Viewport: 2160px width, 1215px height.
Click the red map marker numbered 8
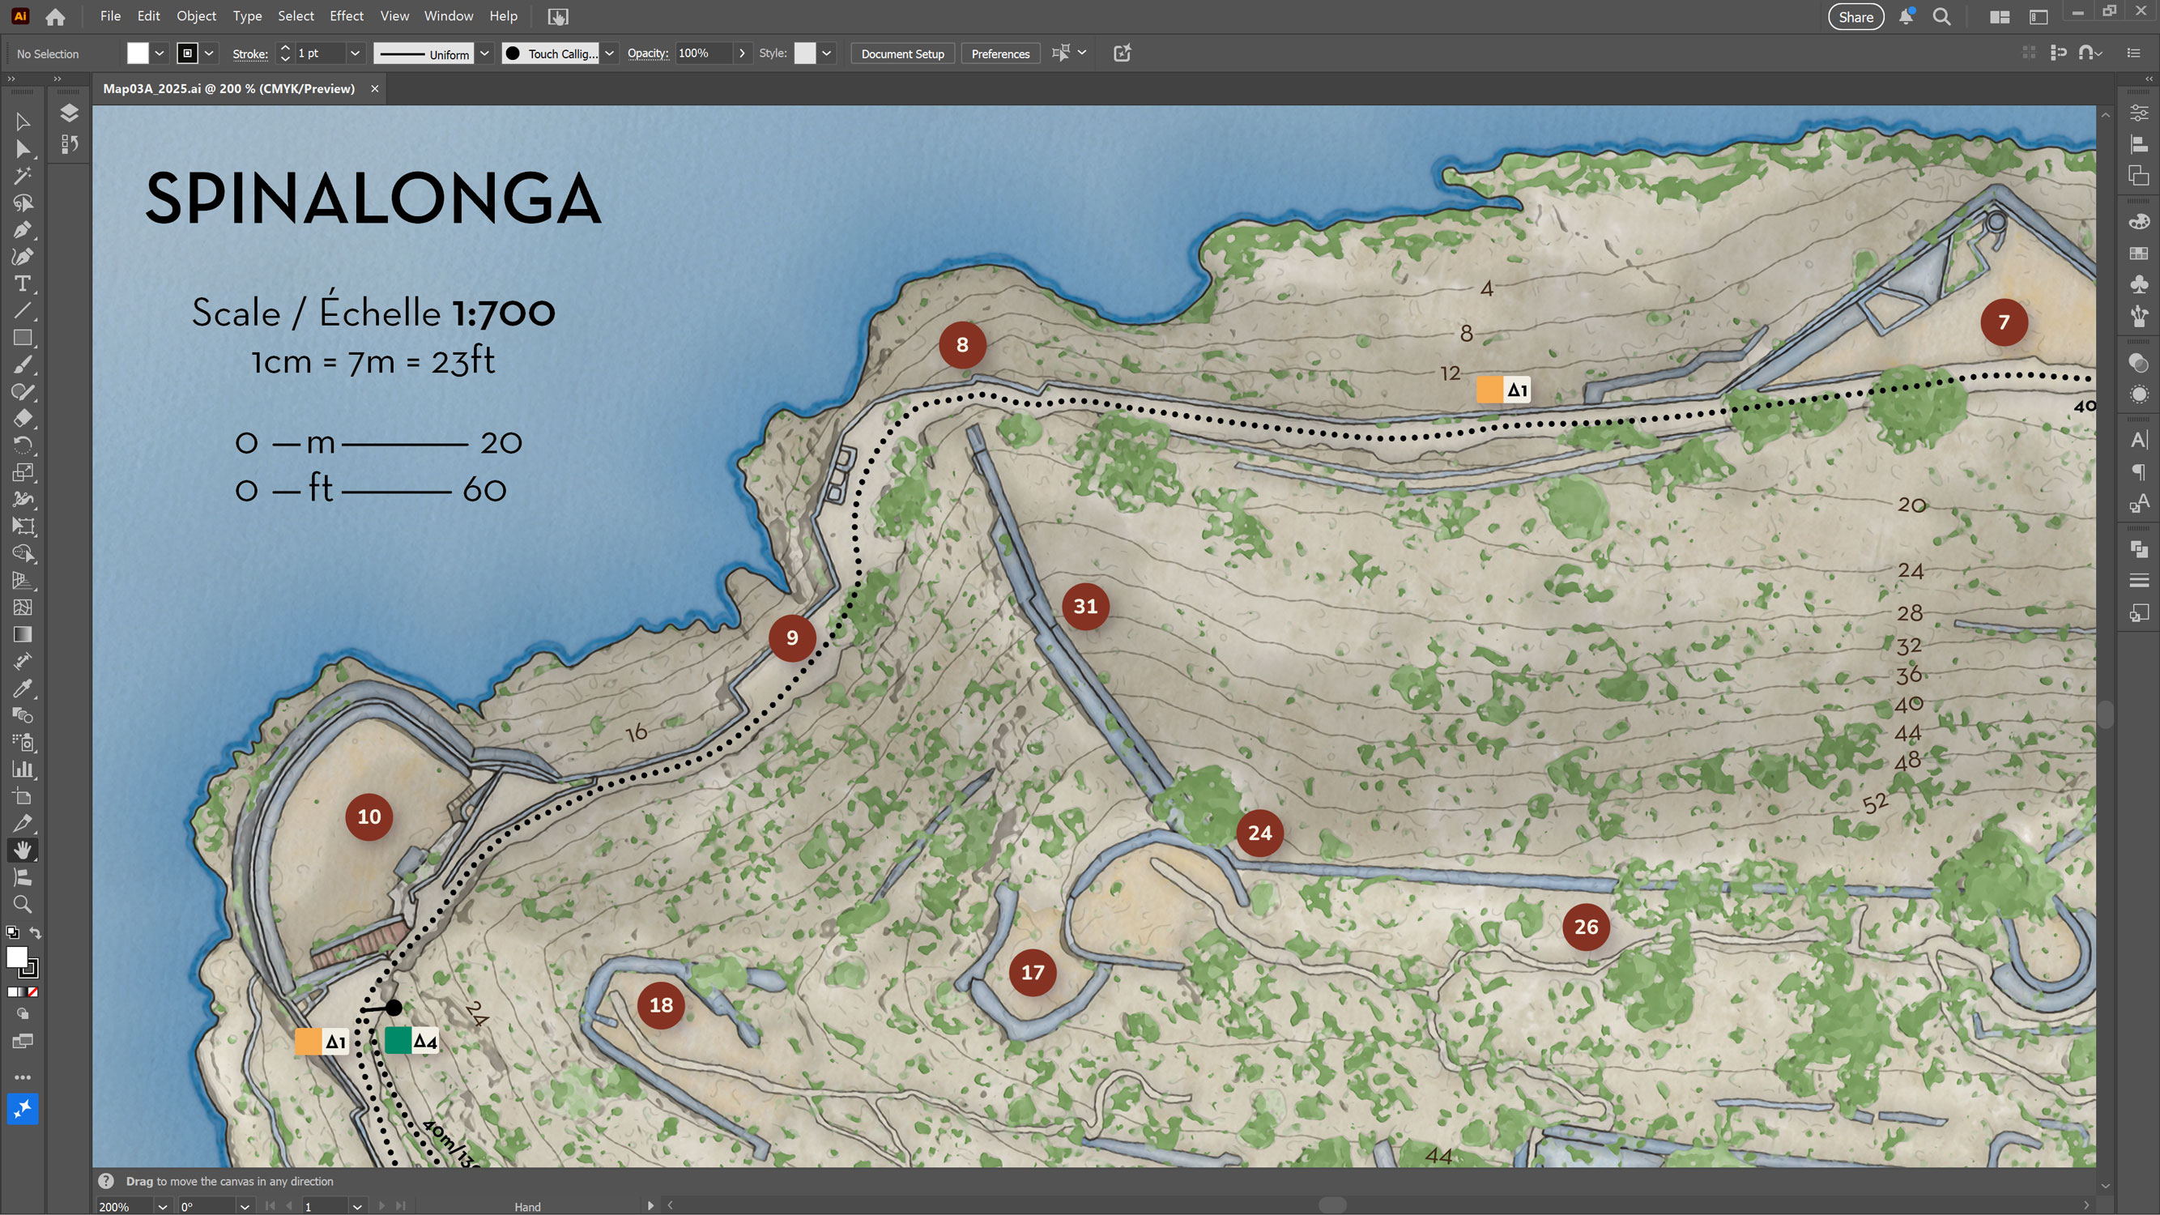[962, 344]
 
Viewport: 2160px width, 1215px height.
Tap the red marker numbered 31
[1085, 606]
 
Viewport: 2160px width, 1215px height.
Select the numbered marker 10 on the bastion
[369, 816]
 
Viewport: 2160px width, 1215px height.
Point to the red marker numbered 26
[1586, 927]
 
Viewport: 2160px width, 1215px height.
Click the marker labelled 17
[1032, 973]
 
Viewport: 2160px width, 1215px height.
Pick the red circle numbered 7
[2003, 322]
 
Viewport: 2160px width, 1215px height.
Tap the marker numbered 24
[1259, 833]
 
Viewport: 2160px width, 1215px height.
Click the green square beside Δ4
[398, 1041]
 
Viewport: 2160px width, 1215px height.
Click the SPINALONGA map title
[373, 198]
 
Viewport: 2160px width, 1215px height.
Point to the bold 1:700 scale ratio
[503, 313]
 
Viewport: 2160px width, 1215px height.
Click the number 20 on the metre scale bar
[501, 443]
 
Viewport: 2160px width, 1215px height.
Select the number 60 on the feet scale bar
[484, 490]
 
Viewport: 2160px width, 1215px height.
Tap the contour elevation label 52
[1875, 804]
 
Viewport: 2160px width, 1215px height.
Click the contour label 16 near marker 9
[637, 732]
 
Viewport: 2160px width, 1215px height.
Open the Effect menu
[347, 16]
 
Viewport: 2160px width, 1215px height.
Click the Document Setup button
[902, 53]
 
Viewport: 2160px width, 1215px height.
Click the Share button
[1855, 17]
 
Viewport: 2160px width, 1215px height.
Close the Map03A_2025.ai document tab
[375, 89]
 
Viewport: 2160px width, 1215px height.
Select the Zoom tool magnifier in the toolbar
[23, 904]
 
